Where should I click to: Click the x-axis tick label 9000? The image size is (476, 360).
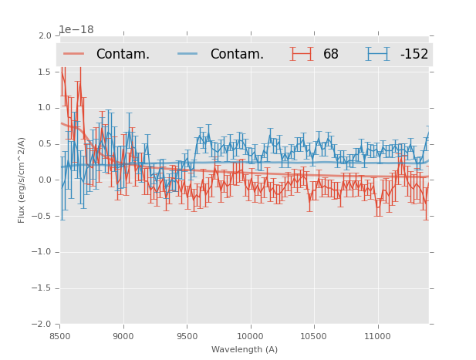click(123, 336)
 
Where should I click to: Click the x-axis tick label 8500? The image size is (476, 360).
click(60, 336)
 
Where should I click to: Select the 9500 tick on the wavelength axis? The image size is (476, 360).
click(187, 336)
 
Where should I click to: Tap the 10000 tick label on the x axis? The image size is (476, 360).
click(250, 336)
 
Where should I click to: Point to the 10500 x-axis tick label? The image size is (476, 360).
click(314, 336)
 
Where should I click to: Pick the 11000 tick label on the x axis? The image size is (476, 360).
click(377, 336)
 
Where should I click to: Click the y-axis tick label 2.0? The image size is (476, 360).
click(45, 36)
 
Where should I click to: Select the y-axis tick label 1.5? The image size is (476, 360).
click(45, 72)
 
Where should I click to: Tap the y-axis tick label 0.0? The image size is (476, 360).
click(45, 180)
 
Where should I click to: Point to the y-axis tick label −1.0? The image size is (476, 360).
click(42, 252)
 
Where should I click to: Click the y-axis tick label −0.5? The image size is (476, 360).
click(42, 216)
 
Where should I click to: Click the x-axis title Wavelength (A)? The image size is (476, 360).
click(245, 349)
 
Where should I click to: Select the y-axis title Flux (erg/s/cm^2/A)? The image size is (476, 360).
click(22, 180)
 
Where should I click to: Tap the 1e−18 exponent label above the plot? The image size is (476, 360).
click(76, 29)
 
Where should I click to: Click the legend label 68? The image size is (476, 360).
click(331, 55)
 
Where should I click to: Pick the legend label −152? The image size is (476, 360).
click(414, 55)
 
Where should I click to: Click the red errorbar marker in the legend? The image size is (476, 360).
click(302, 54)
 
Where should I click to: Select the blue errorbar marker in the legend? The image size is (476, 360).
click(378, 54)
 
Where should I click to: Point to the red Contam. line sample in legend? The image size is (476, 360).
click(74, 54)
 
